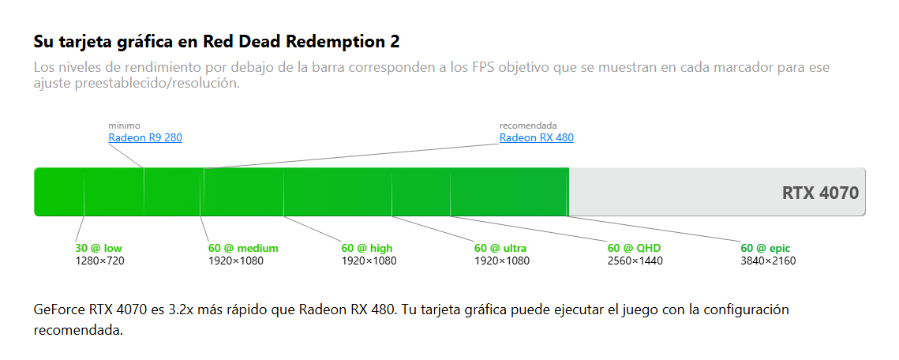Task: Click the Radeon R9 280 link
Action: coord(145,137)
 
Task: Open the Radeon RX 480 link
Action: coord(536,137)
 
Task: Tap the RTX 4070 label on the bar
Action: coord(819,193)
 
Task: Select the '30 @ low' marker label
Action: coord(99,248)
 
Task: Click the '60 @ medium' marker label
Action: coord(243,248)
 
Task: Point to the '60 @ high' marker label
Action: coord(367,248)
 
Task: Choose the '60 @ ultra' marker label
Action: coord(500,248)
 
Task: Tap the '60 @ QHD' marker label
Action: coord(634,248)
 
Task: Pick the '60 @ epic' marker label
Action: coord(766,248)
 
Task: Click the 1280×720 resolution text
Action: coord(100,261)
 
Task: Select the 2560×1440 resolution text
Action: coord(635,261)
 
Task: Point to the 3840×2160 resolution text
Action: coord(768,261)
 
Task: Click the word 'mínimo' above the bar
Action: coord(125,125)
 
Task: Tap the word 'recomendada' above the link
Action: coord(528,125)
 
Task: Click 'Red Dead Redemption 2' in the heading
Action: coord(301,40)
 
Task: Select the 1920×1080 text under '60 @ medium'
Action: coord(236,261)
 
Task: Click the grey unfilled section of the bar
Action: coord(671,192)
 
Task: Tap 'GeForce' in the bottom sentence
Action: coord(59,309)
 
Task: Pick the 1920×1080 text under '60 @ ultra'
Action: coord(502,261)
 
